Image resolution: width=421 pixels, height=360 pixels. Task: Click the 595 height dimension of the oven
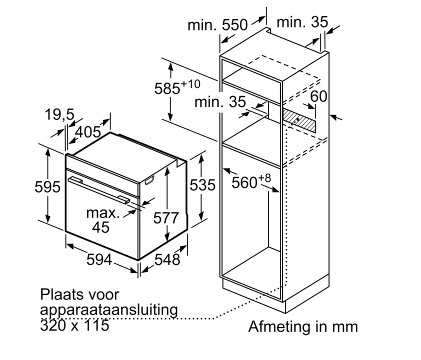(x=48, y=187)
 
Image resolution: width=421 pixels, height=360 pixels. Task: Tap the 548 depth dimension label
(x=166, y=259)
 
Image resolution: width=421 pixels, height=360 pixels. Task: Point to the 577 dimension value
(x=166, y=218)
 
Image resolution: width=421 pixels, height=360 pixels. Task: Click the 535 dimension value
(x=202, y=185)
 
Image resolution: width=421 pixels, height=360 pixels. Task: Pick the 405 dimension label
(x=88, y=132)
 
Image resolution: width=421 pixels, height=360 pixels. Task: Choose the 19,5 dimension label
(x=59, y=115)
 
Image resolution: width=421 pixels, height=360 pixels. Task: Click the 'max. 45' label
(x=103, y=220)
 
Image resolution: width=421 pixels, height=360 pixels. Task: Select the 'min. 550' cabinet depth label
(x=217, y=24)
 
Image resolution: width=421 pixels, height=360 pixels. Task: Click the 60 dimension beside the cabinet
(x=318, y=96)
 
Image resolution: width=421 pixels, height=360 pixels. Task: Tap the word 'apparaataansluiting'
(x=109, y=310)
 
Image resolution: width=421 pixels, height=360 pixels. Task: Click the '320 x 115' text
(x=75, y=325)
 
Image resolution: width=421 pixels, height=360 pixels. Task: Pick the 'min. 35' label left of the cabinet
(x=220, y=102)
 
